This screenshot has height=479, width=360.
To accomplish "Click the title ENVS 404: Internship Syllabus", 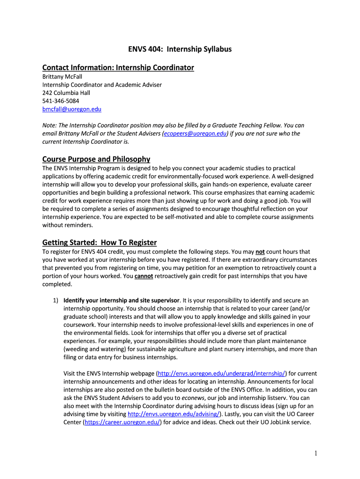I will coord(180,49).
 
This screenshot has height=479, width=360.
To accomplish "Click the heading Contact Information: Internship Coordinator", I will coord(118,68).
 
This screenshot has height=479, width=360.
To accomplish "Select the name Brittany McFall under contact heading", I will coord(62,77).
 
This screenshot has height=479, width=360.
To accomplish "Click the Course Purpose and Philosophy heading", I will coord(96,159).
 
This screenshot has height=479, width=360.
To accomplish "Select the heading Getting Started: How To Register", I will coord(99,242).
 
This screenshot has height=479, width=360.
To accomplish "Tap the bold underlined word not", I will coord(260,252).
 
